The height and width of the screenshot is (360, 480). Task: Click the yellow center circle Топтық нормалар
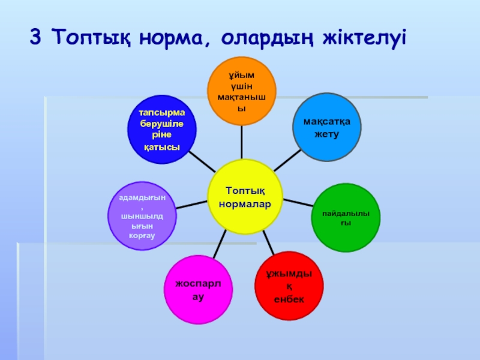pyautogui.click(x=245, y=197)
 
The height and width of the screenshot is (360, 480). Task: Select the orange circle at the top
pyautogui.click(x=241, y=91)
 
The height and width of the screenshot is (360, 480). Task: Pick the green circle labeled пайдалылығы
pyautogui.click(x=347, y=218)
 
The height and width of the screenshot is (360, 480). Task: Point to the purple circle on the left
pyautogui.click(x=142, y=215)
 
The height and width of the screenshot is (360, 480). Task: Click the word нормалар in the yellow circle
pyautogui.click(x=245, y=204)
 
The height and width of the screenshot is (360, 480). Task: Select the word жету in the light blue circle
pyautogui.click(x=327, y=133)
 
